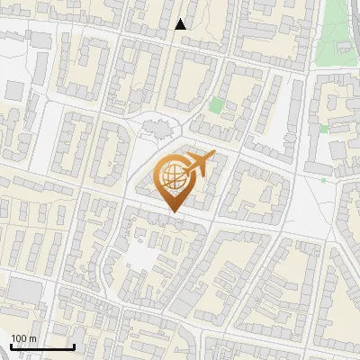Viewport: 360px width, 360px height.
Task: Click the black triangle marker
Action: pyautogui.click(x=181, y=24)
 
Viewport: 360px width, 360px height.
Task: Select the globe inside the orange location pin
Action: pyautogui.click(x=171, y=175)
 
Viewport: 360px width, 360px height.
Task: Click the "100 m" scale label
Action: pyautogui.click(x=23, y=337)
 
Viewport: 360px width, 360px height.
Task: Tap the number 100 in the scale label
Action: pyautogui.click(x=19, y=337)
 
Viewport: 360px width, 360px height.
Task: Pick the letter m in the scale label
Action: pyautogui.click(x=32, y=338)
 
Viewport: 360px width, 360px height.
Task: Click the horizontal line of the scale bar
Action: pyautogui.click(x=41, y=346)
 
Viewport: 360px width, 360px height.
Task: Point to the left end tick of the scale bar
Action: pyautogui.click(x=10, y=345)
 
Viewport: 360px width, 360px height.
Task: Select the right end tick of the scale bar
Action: pyautogui.click(x=73, y=345)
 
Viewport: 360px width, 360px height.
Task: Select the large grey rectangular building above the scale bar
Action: pyautogui.click(x=25, y=289)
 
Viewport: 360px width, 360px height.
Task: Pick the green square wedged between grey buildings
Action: pyautogui.click(x=323, y=129)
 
